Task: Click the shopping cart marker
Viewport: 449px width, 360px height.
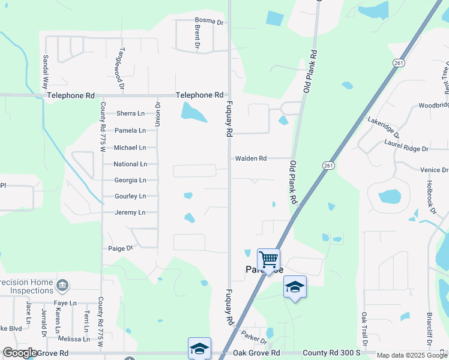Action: tap(268, 260)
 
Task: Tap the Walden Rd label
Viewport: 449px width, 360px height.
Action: tap(251, 158)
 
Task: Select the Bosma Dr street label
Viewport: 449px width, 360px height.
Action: tap(209, 22)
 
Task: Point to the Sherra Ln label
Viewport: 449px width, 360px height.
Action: tap(130, 113)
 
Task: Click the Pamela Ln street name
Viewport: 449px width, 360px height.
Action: tap(130, 130)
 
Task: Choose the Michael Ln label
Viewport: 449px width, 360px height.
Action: tap(130, 148)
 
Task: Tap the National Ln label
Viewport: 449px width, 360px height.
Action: tap(130, 164)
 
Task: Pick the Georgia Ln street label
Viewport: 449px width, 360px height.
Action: tap(130, 180)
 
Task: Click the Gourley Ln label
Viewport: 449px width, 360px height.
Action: tap(130, 196)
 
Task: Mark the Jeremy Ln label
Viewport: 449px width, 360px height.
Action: tap(130, 212)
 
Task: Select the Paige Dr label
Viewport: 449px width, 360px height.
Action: tap(120, 248)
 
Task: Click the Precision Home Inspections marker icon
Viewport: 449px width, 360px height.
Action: tap(62, 284)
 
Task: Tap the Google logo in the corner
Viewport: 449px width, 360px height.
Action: tap(20, 353)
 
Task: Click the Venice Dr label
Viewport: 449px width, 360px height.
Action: tap(434, 170)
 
